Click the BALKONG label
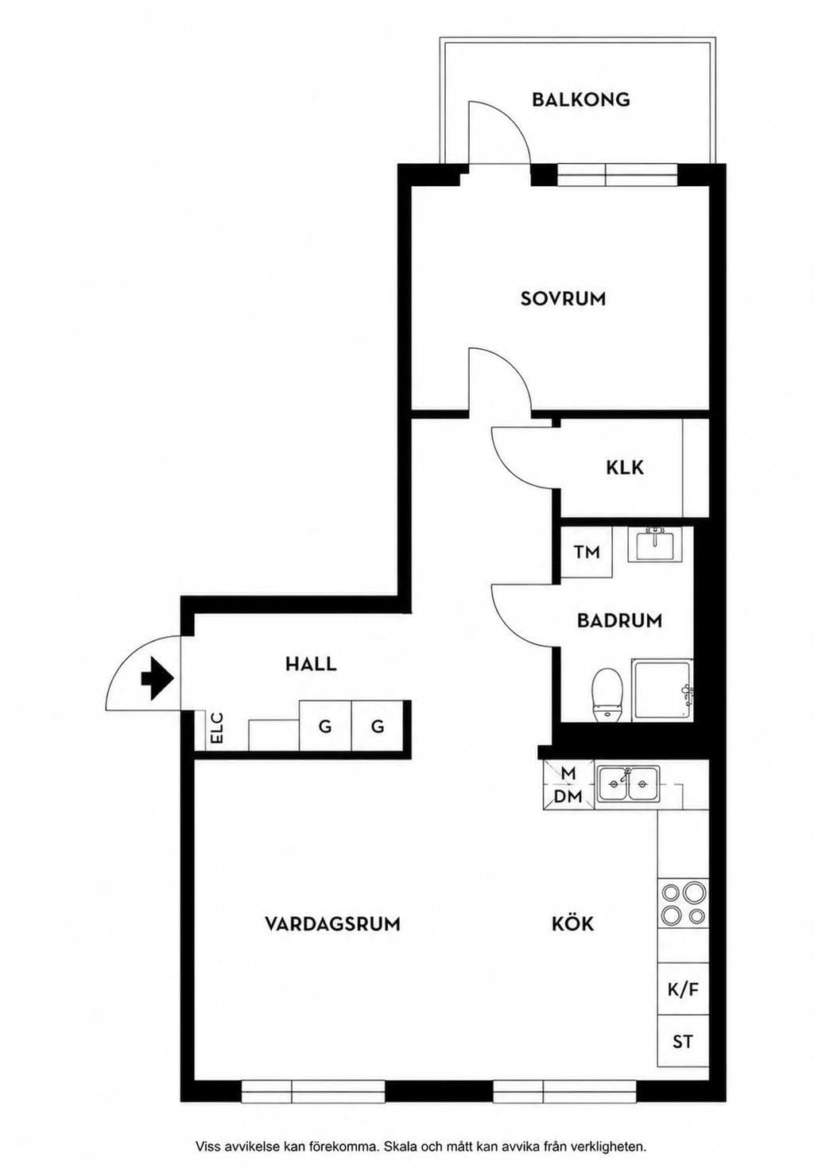pos(581,99)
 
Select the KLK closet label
pos(625,468)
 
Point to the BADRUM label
pos(619,620)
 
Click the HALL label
pos(311,665)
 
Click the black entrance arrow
pos(157,679)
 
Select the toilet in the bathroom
pos(607,694)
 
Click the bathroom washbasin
pos(655,544)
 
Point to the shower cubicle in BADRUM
pos(662,690)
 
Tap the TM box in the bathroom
pos(587,552)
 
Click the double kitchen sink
pos(628,784)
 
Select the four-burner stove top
pos(683,903)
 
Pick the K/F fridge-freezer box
pos(683,990)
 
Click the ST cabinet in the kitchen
pos(683,1041)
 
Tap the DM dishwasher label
pos(568,797)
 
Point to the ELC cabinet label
pos(217,728)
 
